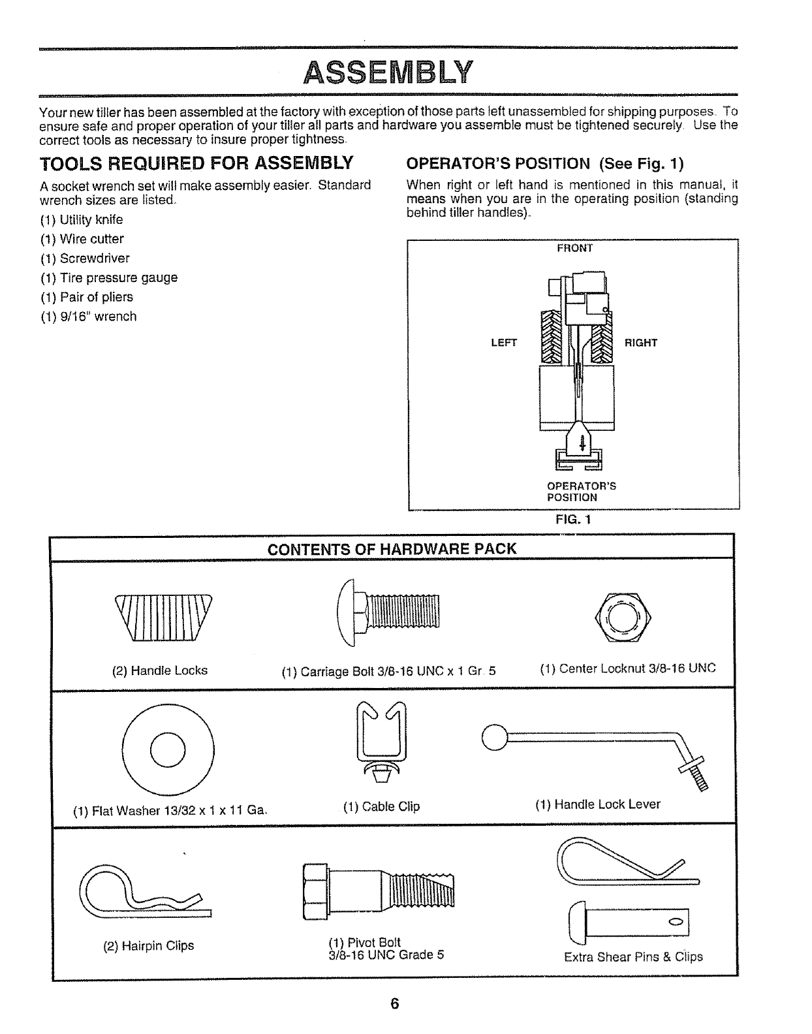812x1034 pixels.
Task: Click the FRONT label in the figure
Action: point(574,248)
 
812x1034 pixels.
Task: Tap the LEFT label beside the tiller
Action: point(504,343)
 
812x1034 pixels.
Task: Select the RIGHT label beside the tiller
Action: point(641,343)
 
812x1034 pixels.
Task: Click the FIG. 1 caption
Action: point(572,520)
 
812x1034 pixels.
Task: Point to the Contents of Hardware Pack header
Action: point(392,549)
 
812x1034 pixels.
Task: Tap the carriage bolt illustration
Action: point(390,612)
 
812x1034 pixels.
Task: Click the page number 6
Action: point(394,1004)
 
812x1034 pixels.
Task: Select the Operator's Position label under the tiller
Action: point(581,492)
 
